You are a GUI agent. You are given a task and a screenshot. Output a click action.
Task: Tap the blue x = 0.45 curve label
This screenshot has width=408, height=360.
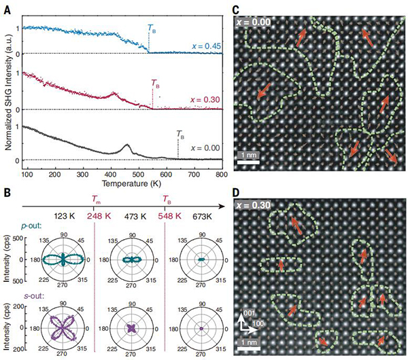tap(198, 45)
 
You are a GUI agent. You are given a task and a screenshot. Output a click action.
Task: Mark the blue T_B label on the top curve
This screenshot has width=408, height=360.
tap(151, 29)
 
